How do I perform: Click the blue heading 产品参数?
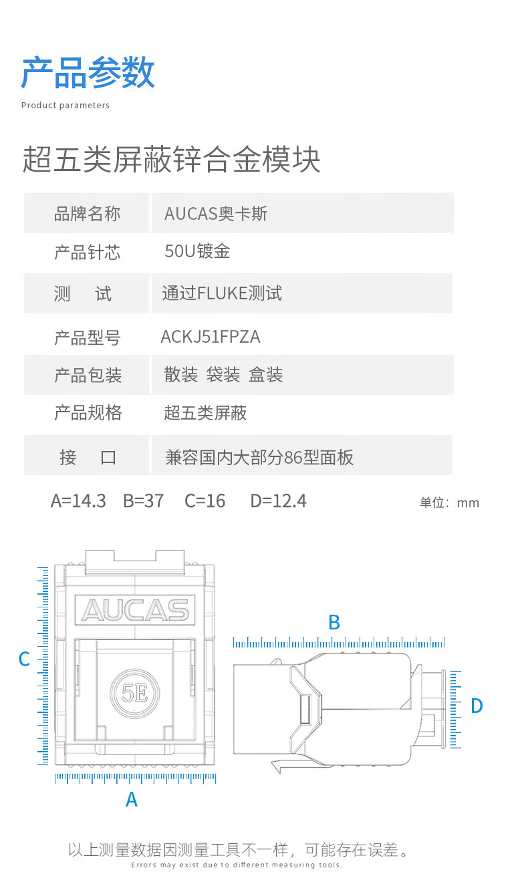pyautogui.click(x=88, y=72)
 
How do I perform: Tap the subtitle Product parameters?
pyautogui.click(x=65, y=106)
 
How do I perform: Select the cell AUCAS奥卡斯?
pyautogui.click(x=216, y=214)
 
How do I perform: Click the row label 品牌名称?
pyautogui.click(x=87, y=214)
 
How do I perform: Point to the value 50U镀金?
pyautogui.click(x=197, y=251)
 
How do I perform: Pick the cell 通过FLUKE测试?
pyautogui.click(x=222, y=293)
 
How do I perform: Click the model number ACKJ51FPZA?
pyautogui.click(x=211, y=337)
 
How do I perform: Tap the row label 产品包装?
pyautogui.click(x=88, y=375)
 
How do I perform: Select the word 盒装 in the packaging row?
pyautogui.click(x=266, y=374)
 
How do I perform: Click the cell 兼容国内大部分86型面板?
pyautogui.click(x=259, y=458)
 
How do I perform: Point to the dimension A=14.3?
pyautogui.click(x=78, y=501)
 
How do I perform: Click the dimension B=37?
pyautogui.click(x=143, y=501)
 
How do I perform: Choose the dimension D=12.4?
pyautogui.click(x=279, y=501)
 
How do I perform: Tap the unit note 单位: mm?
pyautogui.click(x=449, y=503)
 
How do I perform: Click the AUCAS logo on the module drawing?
pyautogui.click(x=135, y=610)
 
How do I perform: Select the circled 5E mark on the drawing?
pyautogui.click(x=134, y=694)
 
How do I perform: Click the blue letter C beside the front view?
pyautogui.click(x=25, y=659)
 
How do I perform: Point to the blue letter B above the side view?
pyautogui.click(x=334, y=623)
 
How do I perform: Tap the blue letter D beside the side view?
pyautogui.click(x=477, y=706)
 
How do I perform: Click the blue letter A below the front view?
pyautogui.click(x=132, y=799)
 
